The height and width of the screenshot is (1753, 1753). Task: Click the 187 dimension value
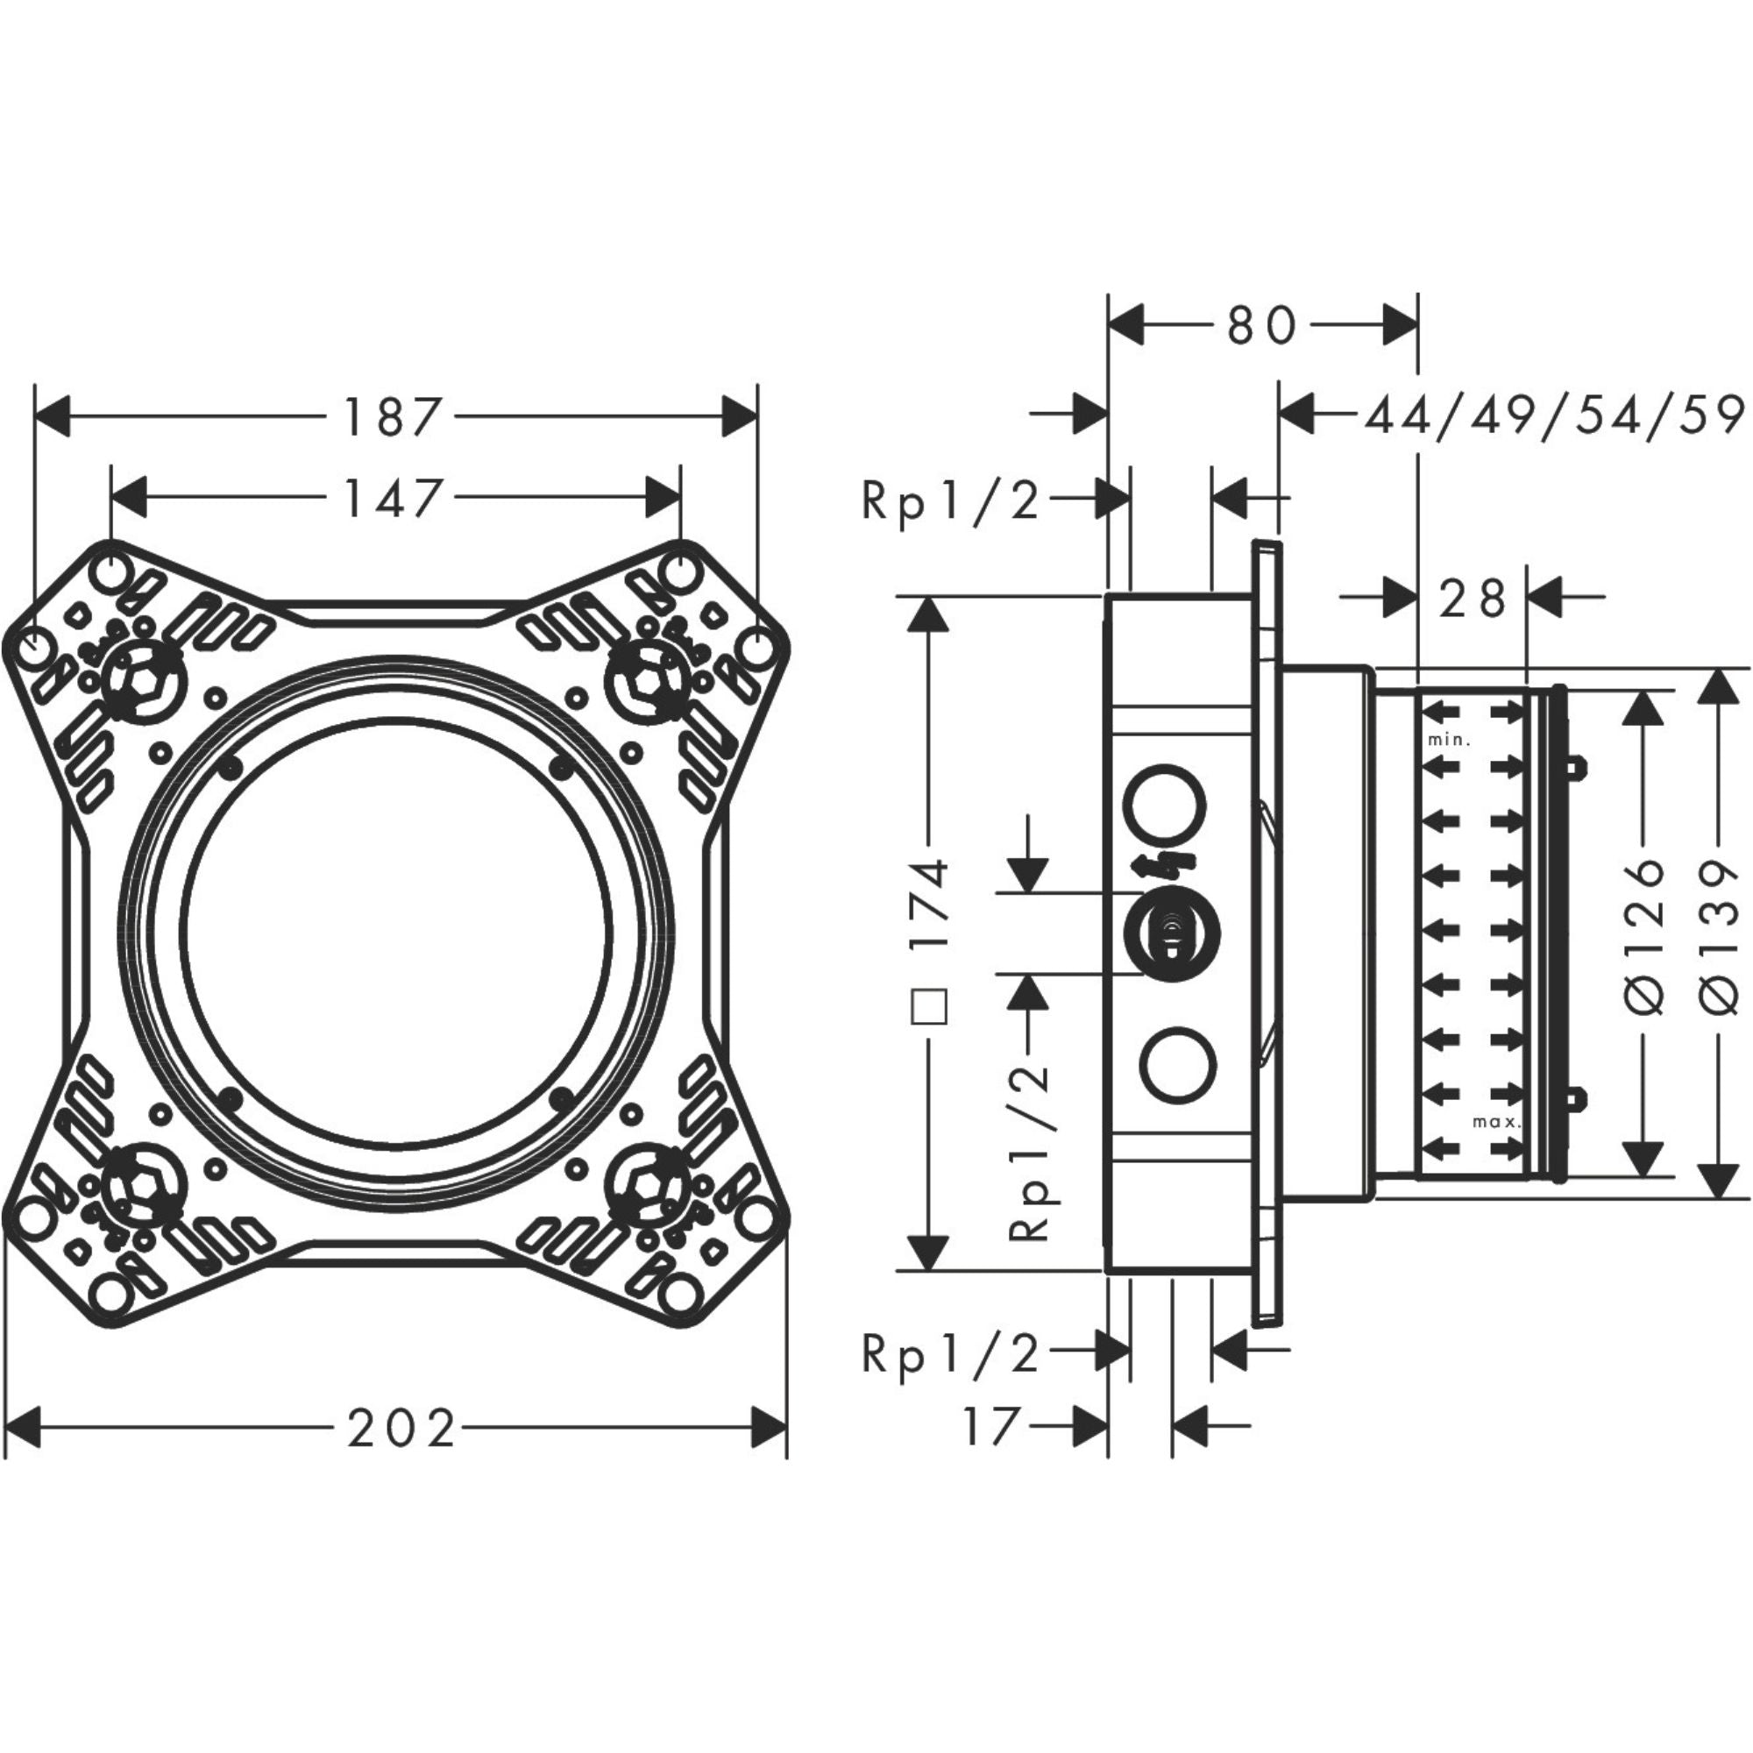393,417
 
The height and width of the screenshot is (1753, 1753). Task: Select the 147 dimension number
393,498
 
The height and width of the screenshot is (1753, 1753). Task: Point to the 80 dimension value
1262,326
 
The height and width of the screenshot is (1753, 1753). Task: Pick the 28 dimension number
1472,599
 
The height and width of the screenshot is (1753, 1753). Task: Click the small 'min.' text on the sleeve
1448,740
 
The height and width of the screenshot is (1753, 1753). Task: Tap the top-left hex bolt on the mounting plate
144,680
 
